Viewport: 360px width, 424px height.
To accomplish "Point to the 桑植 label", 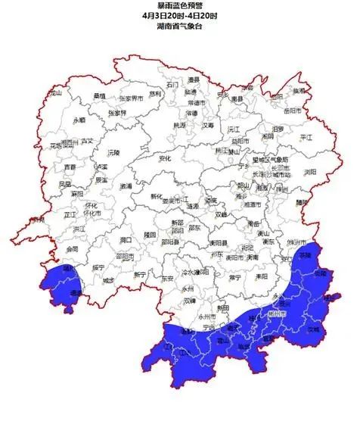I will pyautogui.click(x=99, y=95).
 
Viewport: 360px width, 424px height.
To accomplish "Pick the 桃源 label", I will pyautogui.click(x=179, y=125).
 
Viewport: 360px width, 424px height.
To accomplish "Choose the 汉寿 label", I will pyautogui.click(x=207, y=125).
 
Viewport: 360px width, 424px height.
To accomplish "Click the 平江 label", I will pyautogui.click(x=306, y=138).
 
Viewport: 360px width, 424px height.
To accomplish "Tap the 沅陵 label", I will pyautogui.click(x=114, y=152).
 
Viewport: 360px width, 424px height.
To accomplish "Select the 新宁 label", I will pyautogui.click(x=140, y=275).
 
